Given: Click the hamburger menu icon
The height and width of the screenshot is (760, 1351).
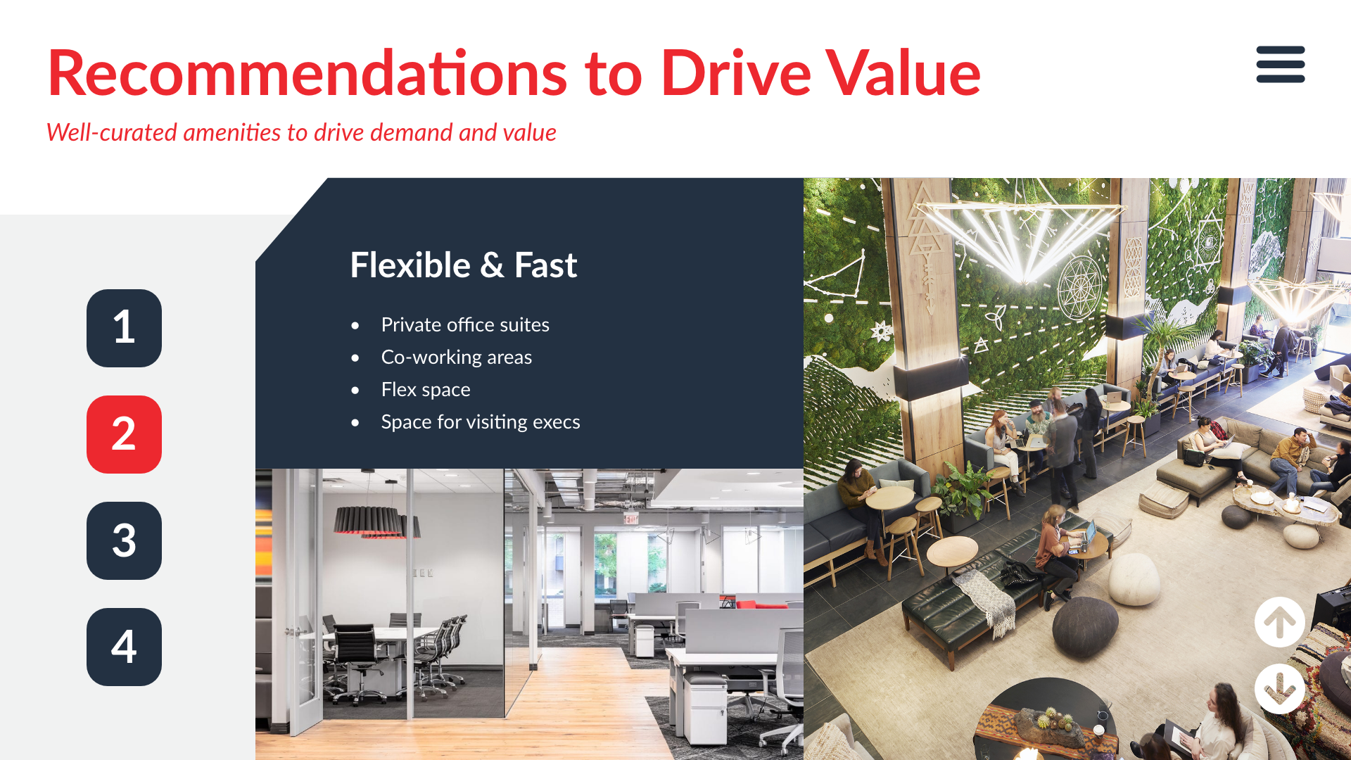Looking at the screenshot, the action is tap(1281, 64).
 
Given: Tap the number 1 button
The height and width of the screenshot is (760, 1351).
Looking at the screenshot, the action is tap(124, 328).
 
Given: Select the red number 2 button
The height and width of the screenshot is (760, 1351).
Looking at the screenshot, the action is tap(124, 434).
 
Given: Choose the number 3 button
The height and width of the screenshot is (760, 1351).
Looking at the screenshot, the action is tap(124, 540).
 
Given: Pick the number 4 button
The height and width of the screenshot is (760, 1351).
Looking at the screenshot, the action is tap(124, 647).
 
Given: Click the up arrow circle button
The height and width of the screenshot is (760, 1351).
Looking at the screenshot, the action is tap(1279, 622).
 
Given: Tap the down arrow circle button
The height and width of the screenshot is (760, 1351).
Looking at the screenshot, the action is tap(1279, 689).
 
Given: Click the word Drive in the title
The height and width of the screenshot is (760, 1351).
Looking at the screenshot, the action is tap(736, 72).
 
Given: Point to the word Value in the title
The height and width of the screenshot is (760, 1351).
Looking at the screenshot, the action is tap(903, 72).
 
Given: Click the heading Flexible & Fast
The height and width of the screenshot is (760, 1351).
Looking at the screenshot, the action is tap(464, 265).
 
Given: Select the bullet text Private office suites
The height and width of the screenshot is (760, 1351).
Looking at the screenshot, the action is tap(465, 324).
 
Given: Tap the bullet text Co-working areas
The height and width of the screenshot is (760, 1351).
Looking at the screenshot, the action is tap(457, 357).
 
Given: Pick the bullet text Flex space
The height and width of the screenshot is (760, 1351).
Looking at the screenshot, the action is tap(426, 389).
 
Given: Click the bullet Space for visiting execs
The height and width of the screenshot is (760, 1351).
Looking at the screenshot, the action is tap(481, 422).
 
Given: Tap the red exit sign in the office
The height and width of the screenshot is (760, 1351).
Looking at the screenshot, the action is tap(630, 519).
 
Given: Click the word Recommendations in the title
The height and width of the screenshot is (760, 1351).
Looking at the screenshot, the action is tap(307, 72).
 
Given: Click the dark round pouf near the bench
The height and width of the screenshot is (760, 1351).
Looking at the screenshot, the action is tap(1084, 626).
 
